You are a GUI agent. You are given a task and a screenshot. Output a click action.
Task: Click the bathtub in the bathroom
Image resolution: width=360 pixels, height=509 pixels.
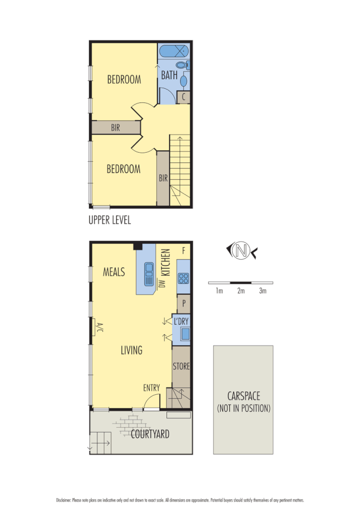click(174, 51)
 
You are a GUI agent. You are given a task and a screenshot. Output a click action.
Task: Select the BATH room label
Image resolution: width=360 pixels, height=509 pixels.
click(169, 75)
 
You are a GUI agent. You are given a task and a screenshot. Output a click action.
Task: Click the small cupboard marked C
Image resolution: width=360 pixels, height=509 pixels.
click(183, 97)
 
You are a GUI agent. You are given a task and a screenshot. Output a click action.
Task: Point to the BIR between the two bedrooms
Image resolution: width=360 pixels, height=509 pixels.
click(115, 128)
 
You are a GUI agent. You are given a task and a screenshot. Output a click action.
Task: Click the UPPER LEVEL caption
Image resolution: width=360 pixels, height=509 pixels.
click(110, 221)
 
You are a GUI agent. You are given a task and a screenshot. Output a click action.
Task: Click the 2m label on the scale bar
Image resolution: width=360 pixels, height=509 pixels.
click(241, 291)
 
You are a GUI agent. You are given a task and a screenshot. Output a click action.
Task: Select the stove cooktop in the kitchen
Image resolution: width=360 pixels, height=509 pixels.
click(183, 278)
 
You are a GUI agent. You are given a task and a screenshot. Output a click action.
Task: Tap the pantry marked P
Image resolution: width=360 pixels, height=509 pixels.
click(183, 303)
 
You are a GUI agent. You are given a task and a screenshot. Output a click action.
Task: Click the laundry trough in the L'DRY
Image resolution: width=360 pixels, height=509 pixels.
click(185, 333)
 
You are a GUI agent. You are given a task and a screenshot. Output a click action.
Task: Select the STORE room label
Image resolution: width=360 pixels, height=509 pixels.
click(181, 366)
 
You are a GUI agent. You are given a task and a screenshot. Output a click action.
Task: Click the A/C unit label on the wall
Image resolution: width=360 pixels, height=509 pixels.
click(98, 327)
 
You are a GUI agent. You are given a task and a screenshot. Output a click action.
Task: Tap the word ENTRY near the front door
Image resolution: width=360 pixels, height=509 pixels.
click(151, 388)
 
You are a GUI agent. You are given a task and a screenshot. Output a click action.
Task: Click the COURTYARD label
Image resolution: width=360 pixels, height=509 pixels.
click(150, 434)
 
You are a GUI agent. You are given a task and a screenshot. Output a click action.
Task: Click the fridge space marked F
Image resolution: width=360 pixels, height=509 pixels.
click(183, 250)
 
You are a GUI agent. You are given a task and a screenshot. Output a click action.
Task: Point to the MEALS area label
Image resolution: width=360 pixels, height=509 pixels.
click(114, 272)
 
